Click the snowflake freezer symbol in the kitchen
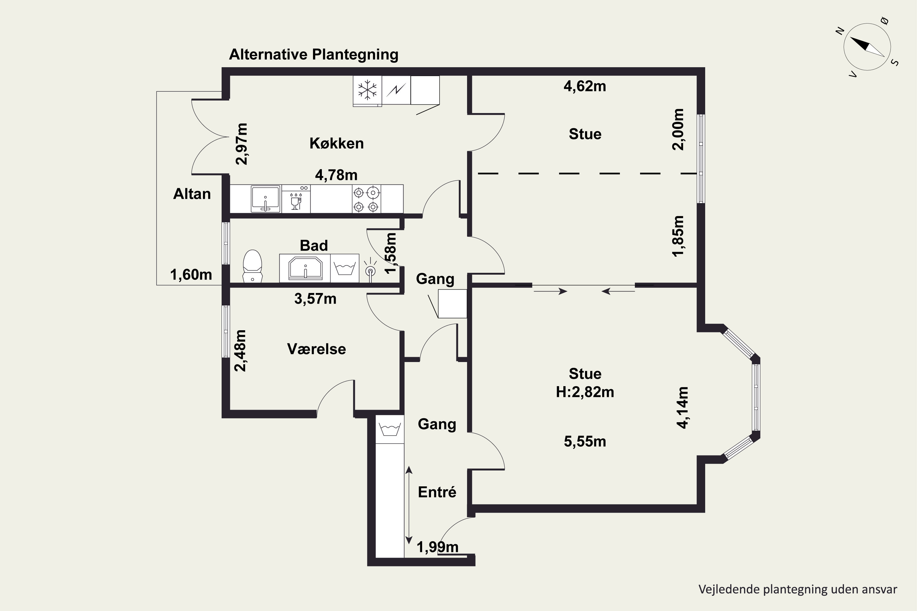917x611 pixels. [x=367, y=90]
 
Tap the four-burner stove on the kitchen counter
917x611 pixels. [x=366, y=199]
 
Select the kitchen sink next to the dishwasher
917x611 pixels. [x=266, y=199]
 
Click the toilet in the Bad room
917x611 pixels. [x=252, y=266]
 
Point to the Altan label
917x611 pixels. [x=192, y=194]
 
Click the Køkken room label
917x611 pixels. [x=337, y=143]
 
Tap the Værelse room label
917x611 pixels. [x=316, y=349]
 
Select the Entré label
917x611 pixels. [x=437, y=492]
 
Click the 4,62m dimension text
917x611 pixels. [x=585, y=86]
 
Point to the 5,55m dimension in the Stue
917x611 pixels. [x=585, y=441]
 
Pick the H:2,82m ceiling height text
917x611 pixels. [x=585, y=392]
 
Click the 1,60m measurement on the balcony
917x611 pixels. [x=191, y=275]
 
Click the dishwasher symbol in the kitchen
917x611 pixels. [x=296, y=199]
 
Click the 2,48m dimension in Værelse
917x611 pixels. [x=241, y=351]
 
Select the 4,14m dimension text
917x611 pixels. [x=683, y=408]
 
